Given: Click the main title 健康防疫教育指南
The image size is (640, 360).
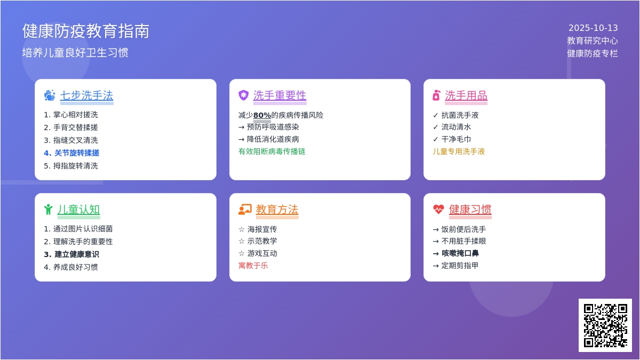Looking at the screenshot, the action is pos(86,31).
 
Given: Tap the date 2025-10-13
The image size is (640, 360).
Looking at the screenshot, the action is pos(593,28).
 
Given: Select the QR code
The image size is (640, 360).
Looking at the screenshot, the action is pos(605,325).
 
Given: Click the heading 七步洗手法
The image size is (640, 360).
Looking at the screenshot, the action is pos(86,95).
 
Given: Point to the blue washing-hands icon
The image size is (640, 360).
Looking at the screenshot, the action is pos(50,95).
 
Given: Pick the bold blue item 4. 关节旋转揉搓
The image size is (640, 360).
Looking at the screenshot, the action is pos(71,153).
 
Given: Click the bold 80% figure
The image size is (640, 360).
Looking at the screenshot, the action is pos(262,115).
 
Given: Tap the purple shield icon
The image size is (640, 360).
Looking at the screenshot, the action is pos(243,95).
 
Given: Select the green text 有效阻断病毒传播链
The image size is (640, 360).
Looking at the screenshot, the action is pos(271,151).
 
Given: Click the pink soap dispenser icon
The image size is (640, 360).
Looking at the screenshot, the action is pos(436,95).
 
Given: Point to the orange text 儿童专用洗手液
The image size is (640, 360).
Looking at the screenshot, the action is pos(459,151).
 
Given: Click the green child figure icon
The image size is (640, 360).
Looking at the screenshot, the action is pos(49,210).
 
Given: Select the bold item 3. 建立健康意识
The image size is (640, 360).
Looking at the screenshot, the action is pos(71,254).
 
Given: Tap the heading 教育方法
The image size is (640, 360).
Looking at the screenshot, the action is pos(277,210).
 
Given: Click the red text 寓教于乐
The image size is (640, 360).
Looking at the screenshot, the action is pos(253,266).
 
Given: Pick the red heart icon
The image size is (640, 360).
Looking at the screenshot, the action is pos(438,210).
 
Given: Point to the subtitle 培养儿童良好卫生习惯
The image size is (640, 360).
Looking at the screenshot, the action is pos(75,53).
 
